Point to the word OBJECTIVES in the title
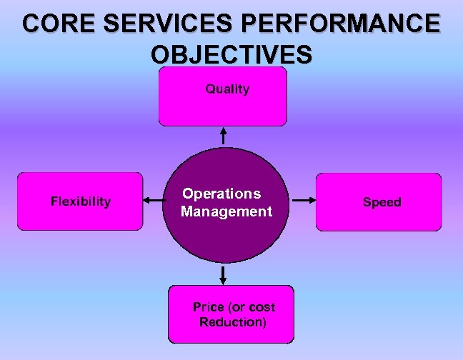coord(231,54)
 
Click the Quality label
coord(227,89)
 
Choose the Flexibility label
coord(81,201)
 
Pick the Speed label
coord(382,202)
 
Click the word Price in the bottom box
coord(209,307)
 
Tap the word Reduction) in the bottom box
coord(233,322)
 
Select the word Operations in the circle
coord(221,194)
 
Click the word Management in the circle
coord(226,211)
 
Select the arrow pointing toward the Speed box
coord(303,201)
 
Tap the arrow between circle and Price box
coord(224,274)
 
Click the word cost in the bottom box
coord(262,307)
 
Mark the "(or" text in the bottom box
coord(237,307)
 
